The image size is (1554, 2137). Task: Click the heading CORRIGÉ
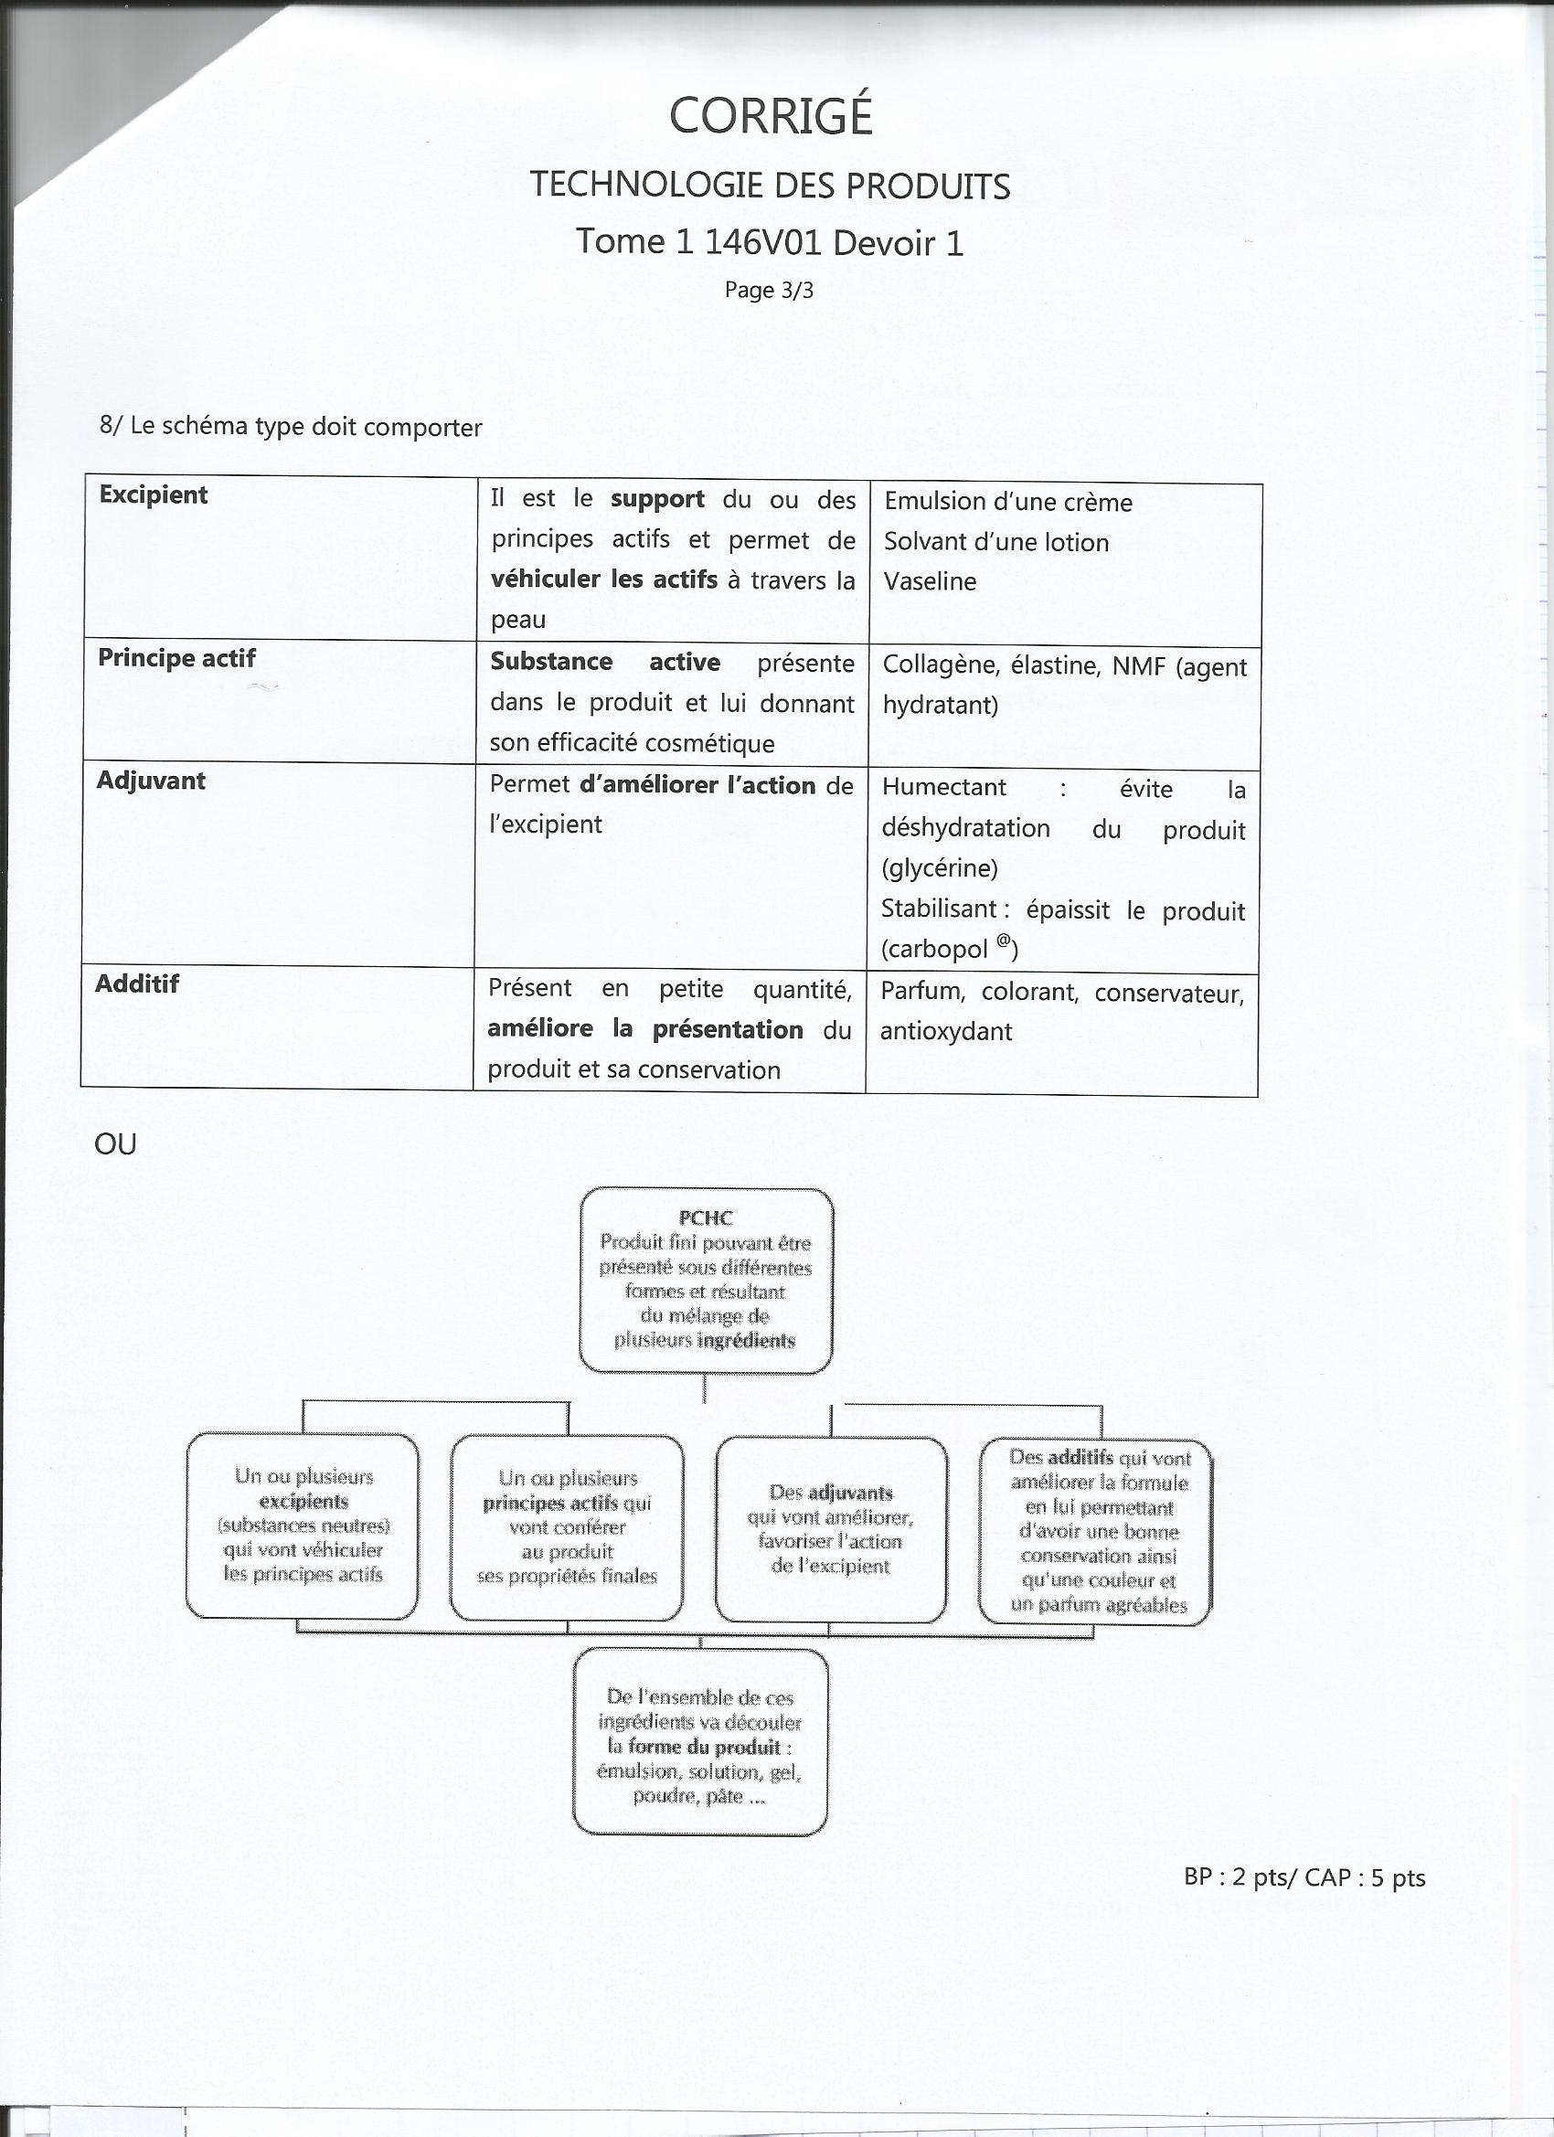(770, 117)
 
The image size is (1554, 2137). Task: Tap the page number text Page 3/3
(768, 291)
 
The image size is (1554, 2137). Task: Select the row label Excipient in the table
(153, 494)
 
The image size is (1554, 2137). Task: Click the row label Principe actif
(176, 658)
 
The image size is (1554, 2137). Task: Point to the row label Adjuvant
(151, 781)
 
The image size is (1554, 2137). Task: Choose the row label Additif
(136, 983)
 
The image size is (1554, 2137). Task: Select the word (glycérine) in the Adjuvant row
(940, 867)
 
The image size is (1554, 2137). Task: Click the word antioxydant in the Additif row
(945, 1032)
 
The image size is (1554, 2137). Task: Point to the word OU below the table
(115, 1144)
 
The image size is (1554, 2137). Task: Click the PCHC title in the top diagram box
(705, 1218)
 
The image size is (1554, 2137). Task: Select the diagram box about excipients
(303, 1526)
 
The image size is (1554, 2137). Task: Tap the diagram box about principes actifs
(567, 1527)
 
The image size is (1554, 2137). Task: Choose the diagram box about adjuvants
(830, 1529)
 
